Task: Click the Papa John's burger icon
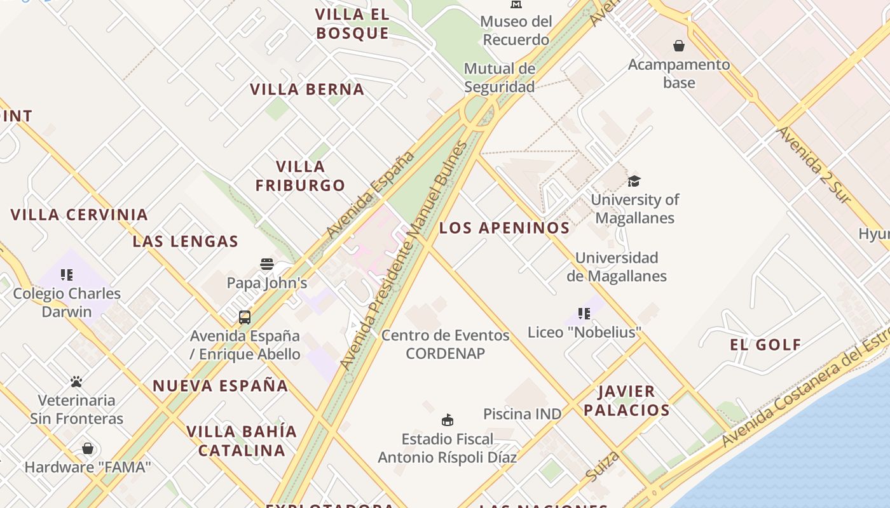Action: tap(267, 264)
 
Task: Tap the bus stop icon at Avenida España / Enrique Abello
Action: tap(245, 317)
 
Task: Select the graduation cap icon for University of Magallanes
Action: tap(634, 181)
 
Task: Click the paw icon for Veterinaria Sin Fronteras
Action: tap(76, 382)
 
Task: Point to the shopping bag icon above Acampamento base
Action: tap(679, 46)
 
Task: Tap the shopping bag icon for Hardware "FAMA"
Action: tap(88, 449)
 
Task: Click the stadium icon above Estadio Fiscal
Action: tap(448, 420)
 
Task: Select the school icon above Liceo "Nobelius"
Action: tap(584, 313)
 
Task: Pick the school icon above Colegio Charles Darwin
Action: tap(67, 275)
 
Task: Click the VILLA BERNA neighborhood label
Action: tap(307, 90)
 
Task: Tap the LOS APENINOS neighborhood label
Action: tap(505, 228)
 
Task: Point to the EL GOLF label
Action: tap(765, 345)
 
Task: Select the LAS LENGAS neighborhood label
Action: tap(186, 241)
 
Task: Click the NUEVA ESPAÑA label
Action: tap(221, 385)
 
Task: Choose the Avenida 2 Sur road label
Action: tap(813, 165)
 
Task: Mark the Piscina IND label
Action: tap(523, 414)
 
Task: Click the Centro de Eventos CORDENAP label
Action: tap(445, 344)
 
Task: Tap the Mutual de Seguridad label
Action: tap(500, 77)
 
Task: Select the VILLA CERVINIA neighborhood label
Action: tap(79, 215)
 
